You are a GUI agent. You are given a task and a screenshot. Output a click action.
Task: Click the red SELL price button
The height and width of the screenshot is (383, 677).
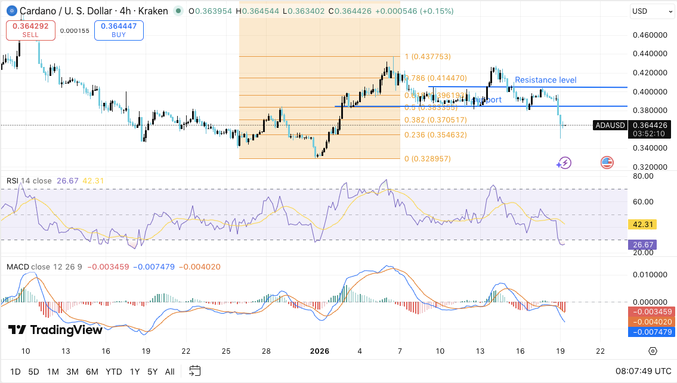tap(30, 30)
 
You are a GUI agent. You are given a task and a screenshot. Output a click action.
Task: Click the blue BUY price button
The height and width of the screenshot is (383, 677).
tap(118, 30)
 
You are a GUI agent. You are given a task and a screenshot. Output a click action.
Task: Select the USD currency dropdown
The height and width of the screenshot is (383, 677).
tap(652, 11)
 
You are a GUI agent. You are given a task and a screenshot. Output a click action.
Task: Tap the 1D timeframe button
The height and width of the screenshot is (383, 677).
tap(15, 372)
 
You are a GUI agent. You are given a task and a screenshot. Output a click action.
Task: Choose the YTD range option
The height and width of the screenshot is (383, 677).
tap(114, 372)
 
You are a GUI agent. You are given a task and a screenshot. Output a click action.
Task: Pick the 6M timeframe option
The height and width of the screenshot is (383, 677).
tap(92, 372)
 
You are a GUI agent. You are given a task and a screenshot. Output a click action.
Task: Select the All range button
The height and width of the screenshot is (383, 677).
tap(169, 372)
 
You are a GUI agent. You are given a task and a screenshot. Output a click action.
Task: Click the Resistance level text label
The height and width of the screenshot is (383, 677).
tap(545, 80)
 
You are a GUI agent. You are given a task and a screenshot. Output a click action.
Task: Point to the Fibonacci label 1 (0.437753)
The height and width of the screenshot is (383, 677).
tap(428, 57)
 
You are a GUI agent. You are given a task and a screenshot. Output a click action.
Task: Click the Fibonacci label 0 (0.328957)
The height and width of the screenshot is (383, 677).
tap(428, 159)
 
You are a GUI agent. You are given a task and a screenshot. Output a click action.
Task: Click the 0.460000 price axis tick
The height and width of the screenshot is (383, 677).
tap(650, 35)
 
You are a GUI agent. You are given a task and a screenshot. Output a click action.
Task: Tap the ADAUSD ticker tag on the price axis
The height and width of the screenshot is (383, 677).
tap(610, 125)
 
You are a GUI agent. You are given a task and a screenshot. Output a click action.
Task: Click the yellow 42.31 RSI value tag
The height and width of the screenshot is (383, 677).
tap(643, 225)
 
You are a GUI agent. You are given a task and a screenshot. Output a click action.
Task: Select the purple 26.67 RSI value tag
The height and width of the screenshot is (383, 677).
tap(643, 244)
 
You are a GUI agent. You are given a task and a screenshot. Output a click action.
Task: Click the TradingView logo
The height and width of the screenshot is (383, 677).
tap(55, 330)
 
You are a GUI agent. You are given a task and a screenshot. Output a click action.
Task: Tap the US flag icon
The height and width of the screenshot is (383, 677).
tap(607, 163)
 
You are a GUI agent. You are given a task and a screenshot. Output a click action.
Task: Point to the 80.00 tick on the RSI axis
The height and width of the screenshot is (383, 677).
tap(643, 176)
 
